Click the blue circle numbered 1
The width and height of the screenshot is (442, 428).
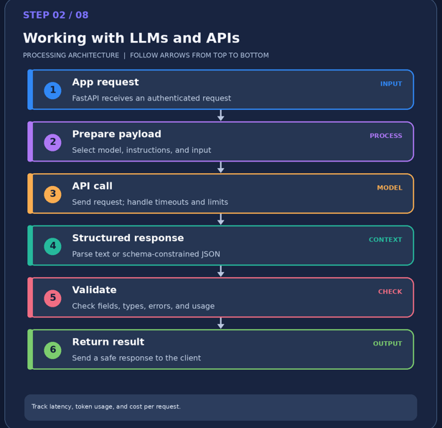(x=52, y=90)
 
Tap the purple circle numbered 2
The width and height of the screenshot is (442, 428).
(x=52, y=142)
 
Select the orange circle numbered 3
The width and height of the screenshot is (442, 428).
(x=52, y=194)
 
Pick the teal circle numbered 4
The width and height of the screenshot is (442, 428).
(x=52, y=246)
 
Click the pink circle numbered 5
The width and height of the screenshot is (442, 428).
(x=52, y=298)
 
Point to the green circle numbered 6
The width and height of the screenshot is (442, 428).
(x=52, y=350)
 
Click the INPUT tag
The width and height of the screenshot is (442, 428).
(x=391, y=84)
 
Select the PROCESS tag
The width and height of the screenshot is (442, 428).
(x=386, y=136)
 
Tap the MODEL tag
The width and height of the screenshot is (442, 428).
(x=390, y=187)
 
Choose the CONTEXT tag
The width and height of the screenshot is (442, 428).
(x=385, y=240)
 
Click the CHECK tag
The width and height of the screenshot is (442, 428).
(x=390, y=292)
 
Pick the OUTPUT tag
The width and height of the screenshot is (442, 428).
(x=387, y=343)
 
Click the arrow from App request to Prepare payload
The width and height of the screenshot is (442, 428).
(x=221, y=116)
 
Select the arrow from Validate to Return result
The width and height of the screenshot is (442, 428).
(x=221, y=323)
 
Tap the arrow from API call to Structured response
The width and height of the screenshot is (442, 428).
(x=221, y=219)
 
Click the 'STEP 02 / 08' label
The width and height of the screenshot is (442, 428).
(x=56, y=15)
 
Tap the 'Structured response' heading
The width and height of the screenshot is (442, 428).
(x=128, y=238)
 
